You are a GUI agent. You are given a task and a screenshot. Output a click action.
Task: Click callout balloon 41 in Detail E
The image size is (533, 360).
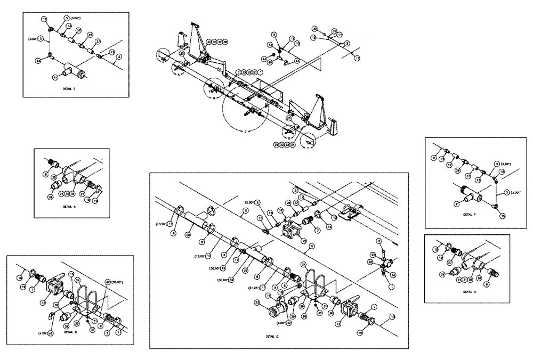coord(55,78)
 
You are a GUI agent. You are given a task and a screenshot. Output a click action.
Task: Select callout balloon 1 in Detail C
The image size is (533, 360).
coord(392,288)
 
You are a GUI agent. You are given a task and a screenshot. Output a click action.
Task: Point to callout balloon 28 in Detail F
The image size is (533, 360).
coord(457,170)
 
